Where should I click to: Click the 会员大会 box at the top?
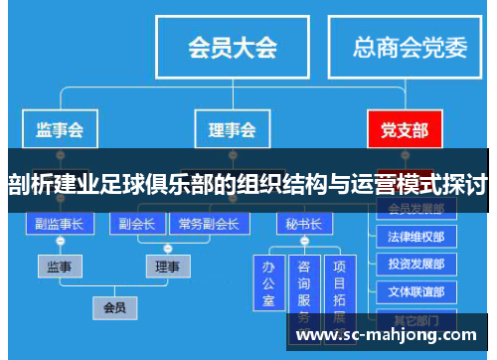[x=232, y=47]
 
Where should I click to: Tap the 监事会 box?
[x=59, y=129]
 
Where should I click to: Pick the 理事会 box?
[x=231, y=129]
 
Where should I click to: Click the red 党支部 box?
[x=404, y=129]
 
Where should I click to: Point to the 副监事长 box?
[x=59, y=224]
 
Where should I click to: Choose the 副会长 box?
[x=136, y=224]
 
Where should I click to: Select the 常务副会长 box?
[x=209, y=224]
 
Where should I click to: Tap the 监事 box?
[x=60, y=267]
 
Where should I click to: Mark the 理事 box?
[x=167, y=267]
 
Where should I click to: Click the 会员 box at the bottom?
[x=114, y=307]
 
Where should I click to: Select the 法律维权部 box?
[x=416, y=238]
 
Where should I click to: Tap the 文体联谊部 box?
[x=416, y=292]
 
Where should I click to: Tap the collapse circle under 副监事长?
[x=59, y=242]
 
